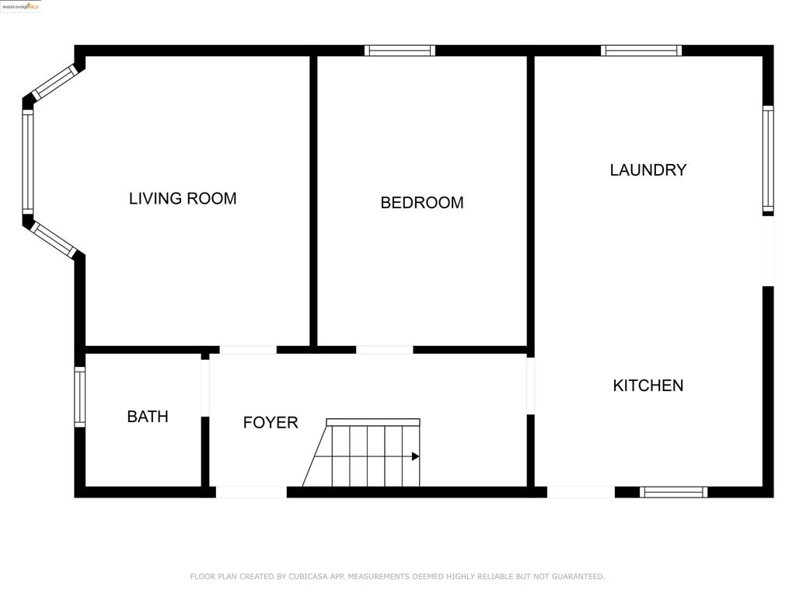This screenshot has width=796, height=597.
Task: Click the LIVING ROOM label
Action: pos(183,198)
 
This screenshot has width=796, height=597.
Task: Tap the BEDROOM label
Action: pos(422,203)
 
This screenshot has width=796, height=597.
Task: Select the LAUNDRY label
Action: pos(648,169)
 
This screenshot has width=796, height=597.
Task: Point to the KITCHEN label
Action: pos(648,385)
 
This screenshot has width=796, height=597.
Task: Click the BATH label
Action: pos(148,417)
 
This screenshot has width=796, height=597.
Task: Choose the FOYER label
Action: pos(271,422)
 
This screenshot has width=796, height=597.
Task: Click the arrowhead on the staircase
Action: pos(415,456)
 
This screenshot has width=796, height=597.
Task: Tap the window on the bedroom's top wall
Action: pos(400,51)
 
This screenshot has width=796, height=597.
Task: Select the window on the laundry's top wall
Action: pos(641,51)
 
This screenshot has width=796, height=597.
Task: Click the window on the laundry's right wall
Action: pos(768,159)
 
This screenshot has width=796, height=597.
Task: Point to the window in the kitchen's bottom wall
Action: pos(673,492)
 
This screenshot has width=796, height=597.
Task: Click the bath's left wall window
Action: pos(79,396)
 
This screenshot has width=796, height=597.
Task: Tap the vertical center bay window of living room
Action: pos(28,162)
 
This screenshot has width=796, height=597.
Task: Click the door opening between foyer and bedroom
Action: pos(384,350)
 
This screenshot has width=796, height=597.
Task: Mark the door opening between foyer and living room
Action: pos(248,350)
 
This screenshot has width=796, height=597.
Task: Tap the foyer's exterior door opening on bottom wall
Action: pos(251,492)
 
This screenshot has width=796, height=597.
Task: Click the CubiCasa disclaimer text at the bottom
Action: pos(397,576)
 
